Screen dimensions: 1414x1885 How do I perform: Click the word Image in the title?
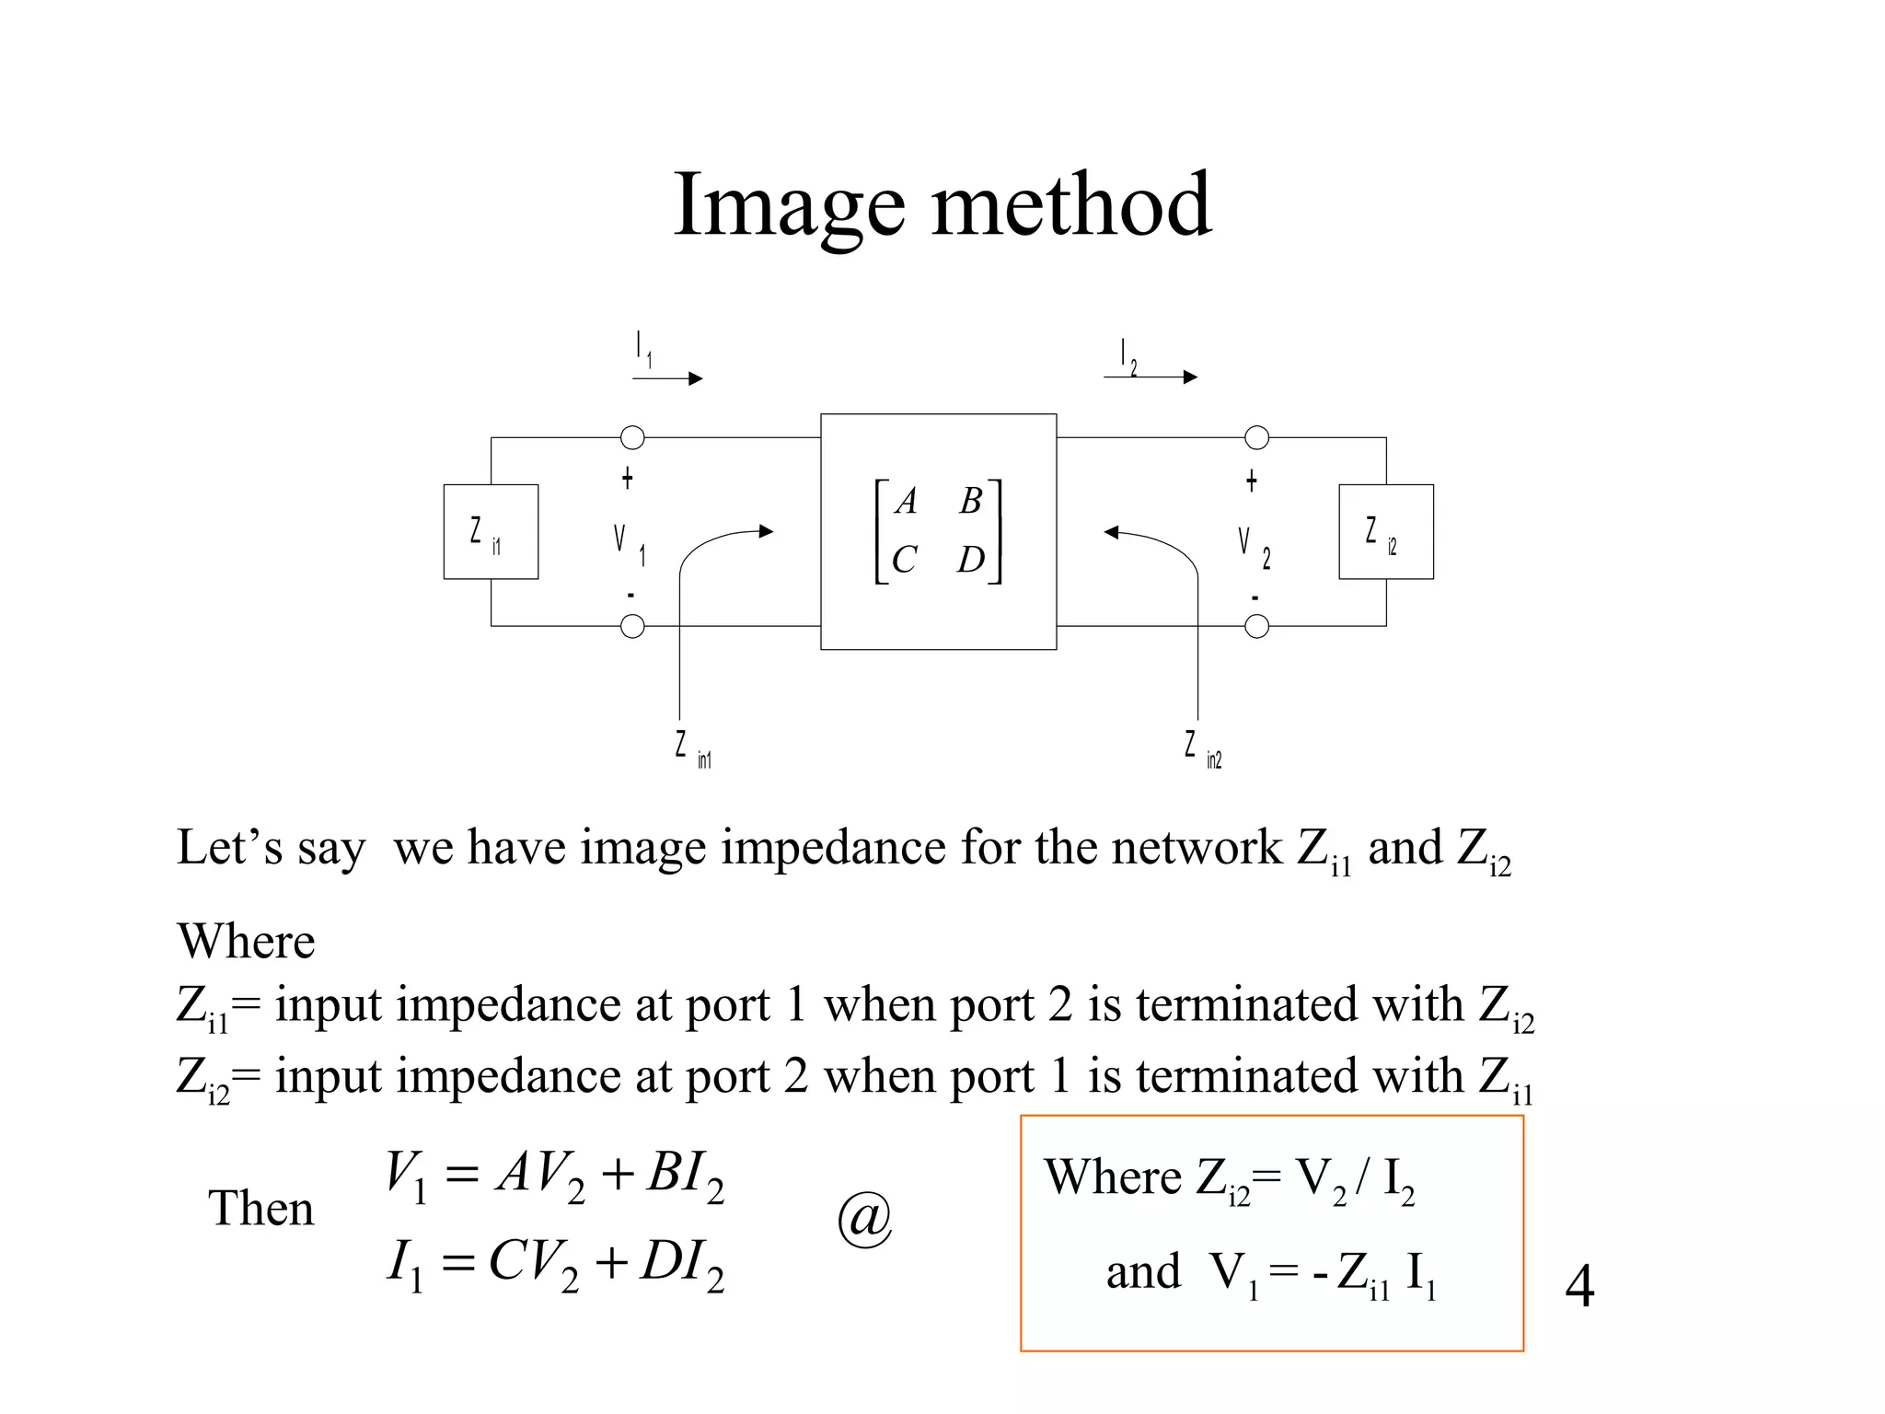789,207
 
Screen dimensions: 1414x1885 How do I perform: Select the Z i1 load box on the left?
491,532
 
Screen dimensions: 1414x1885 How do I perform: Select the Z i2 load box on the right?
1385,532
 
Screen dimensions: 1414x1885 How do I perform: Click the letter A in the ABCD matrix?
907,502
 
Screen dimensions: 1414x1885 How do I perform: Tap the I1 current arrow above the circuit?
667,377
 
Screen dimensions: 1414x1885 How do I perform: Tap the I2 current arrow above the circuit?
1151,377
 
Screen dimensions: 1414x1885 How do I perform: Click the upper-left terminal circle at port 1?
632,437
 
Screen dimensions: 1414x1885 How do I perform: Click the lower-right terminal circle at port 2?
1256,627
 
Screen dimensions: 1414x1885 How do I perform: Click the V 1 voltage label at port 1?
630,543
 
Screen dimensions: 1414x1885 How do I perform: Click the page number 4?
1579,1286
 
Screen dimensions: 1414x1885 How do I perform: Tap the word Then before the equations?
261,1209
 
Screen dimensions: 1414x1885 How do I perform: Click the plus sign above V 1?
628,479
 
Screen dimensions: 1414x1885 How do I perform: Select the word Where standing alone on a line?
246,942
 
